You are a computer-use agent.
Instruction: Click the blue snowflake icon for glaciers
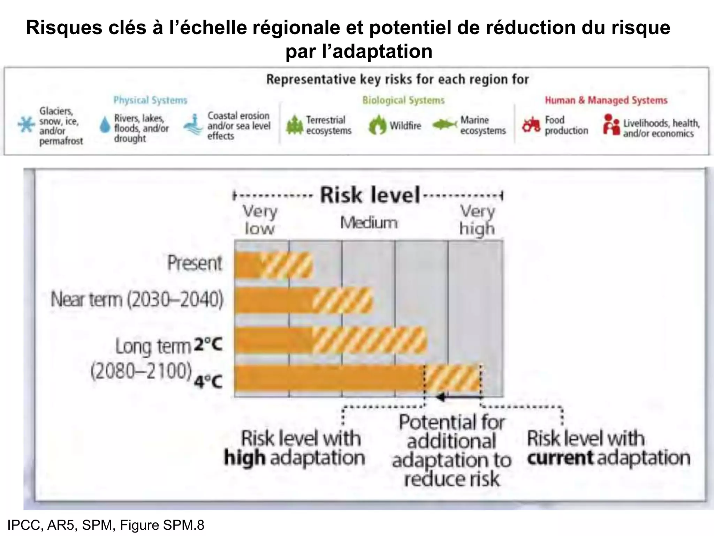[26, 125]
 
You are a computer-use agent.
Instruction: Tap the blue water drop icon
[105, 125]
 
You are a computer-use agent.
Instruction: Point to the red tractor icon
[531, 125]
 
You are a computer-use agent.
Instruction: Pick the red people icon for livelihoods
[611, 125]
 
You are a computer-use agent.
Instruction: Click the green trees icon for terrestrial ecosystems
[295, 125]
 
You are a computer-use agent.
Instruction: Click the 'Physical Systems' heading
[150, 100]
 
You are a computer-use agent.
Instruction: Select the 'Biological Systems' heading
[403, 100]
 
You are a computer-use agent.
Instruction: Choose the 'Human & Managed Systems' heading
[606, 100]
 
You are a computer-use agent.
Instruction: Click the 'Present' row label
[195, 263]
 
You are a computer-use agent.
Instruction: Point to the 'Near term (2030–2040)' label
[137, 299]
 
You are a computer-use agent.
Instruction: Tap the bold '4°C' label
[208, 382]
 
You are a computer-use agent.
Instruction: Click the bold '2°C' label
[208, 345]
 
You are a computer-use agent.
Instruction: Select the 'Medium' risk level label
[369, 223]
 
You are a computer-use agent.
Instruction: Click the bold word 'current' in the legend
[560, 458]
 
